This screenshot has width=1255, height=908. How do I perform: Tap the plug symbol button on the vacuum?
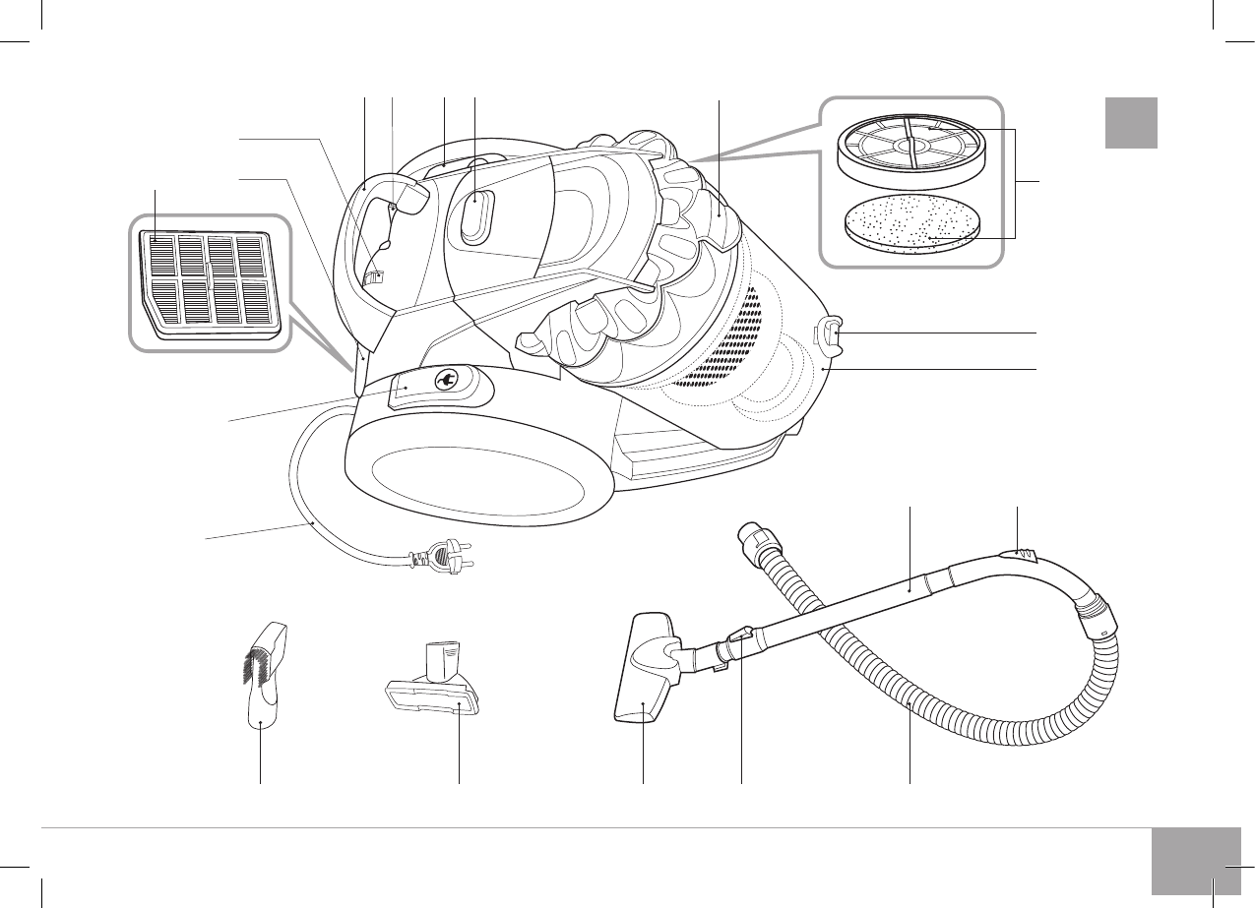(444, 382)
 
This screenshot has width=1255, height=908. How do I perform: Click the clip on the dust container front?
(833, 333)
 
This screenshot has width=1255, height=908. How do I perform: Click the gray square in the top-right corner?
(1130, 122)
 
